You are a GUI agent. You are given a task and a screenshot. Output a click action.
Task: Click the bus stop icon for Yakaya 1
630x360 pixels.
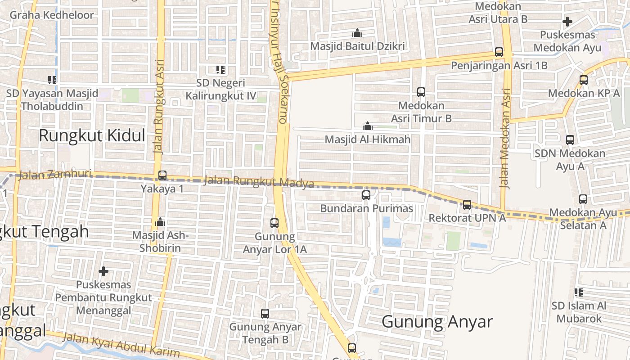coord(162,175)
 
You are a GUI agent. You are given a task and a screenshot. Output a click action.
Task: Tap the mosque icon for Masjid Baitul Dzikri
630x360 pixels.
coord(357,33)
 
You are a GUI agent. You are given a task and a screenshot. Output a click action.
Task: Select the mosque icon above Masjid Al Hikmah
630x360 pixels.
coord(368,126)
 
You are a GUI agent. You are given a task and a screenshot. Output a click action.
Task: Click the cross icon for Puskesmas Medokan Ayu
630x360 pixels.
coord(567,21)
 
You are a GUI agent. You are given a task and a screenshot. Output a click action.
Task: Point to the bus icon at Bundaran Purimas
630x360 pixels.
coord(366,195)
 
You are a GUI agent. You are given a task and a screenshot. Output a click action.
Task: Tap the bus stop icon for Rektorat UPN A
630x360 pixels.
coord(467,205)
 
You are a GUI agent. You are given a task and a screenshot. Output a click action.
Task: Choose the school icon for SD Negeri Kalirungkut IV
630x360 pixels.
coord(220,69)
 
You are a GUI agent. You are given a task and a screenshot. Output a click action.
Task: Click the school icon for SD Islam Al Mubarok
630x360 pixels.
coord(579,292)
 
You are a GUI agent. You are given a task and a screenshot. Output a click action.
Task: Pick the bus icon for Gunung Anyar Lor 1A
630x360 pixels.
coord(274,223)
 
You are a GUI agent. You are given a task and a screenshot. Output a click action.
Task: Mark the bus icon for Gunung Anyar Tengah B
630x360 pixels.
coord(265,313)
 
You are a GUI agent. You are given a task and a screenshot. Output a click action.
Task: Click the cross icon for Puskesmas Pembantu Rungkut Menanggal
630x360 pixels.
coord(103,271)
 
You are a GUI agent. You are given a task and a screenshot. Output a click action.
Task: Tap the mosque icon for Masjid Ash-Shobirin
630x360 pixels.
coord(160,222)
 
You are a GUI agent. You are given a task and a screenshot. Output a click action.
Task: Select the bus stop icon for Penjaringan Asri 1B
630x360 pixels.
coord(499,52)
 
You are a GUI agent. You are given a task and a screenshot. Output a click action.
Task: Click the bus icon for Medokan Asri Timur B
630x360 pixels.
coord(421,92)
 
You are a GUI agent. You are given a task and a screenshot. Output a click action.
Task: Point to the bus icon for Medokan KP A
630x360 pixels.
coord(584,80)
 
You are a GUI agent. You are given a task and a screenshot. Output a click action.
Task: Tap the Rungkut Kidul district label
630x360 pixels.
coord(92,135)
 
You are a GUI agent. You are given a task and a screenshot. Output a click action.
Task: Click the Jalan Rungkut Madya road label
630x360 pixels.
coord(259,182)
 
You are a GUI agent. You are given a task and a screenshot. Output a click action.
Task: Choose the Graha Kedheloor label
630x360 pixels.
coord(52,15)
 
